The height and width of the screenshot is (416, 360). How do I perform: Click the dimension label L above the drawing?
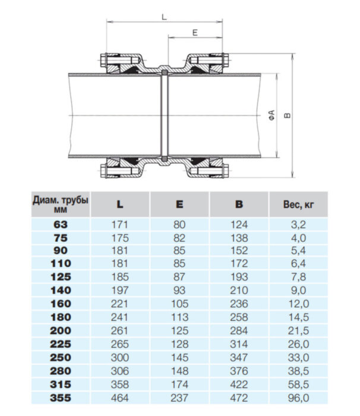(164, 18)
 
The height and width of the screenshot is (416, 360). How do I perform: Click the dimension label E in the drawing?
(195, 33)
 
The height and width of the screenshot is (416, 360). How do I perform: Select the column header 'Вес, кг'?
(298, 204)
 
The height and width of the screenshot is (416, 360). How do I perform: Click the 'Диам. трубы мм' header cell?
(61, 204)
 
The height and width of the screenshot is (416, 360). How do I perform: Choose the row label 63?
(61, 225)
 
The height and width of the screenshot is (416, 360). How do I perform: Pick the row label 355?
(61, 397)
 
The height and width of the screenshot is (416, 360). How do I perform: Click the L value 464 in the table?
(120, 397)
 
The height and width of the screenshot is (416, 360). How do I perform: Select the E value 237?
(179, 397)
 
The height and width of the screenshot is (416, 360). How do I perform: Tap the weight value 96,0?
(298, 397)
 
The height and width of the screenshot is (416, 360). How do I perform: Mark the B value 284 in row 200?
(239, 330)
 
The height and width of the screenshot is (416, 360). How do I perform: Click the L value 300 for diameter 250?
(120, 357)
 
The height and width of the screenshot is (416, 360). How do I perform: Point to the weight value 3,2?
(298, 225)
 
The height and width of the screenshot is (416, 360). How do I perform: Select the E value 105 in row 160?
(179, 304)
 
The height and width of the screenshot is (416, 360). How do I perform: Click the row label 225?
(61, 344)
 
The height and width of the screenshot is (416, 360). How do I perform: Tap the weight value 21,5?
(298, 330)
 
